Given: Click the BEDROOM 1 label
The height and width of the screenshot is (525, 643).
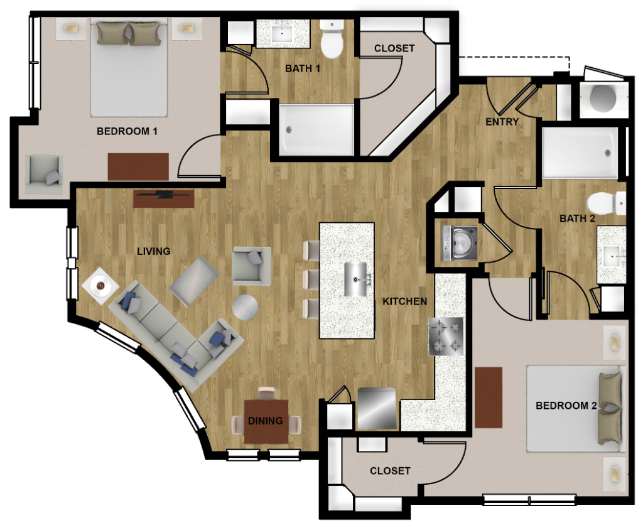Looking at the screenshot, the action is [x=127, y=131].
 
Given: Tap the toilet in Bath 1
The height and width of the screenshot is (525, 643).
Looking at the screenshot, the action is [x=332, y=39].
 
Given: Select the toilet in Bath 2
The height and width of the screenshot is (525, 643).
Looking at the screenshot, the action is [x=607, y=203].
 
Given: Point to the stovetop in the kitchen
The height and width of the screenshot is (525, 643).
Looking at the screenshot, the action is [x=446, y=337].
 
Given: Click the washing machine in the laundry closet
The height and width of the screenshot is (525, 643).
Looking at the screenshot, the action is [x=459, y=243].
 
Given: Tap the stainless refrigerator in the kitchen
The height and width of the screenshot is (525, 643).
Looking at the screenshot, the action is [x=377, y=409].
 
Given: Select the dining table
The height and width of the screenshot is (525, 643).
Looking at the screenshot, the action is [x=266, y=421].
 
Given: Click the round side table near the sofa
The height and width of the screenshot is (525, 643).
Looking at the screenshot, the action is [x=246, y=307].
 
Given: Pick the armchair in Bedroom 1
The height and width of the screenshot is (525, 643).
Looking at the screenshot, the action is [x=45, y=174].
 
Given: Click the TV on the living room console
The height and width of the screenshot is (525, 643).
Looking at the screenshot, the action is [x=164, y=194].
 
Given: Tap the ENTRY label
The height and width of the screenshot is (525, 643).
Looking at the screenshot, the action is [x=502, y=122].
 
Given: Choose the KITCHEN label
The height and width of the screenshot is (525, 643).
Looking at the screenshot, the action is [x=405, y=301].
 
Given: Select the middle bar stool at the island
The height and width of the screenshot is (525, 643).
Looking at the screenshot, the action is [x=311, y=279].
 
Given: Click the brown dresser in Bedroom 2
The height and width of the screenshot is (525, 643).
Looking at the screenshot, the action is [x=489, y=398].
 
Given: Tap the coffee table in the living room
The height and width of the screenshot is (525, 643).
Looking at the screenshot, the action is [x=193, y=281].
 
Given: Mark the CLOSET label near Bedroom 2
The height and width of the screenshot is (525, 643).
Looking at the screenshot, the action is [x=390, y=471].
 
